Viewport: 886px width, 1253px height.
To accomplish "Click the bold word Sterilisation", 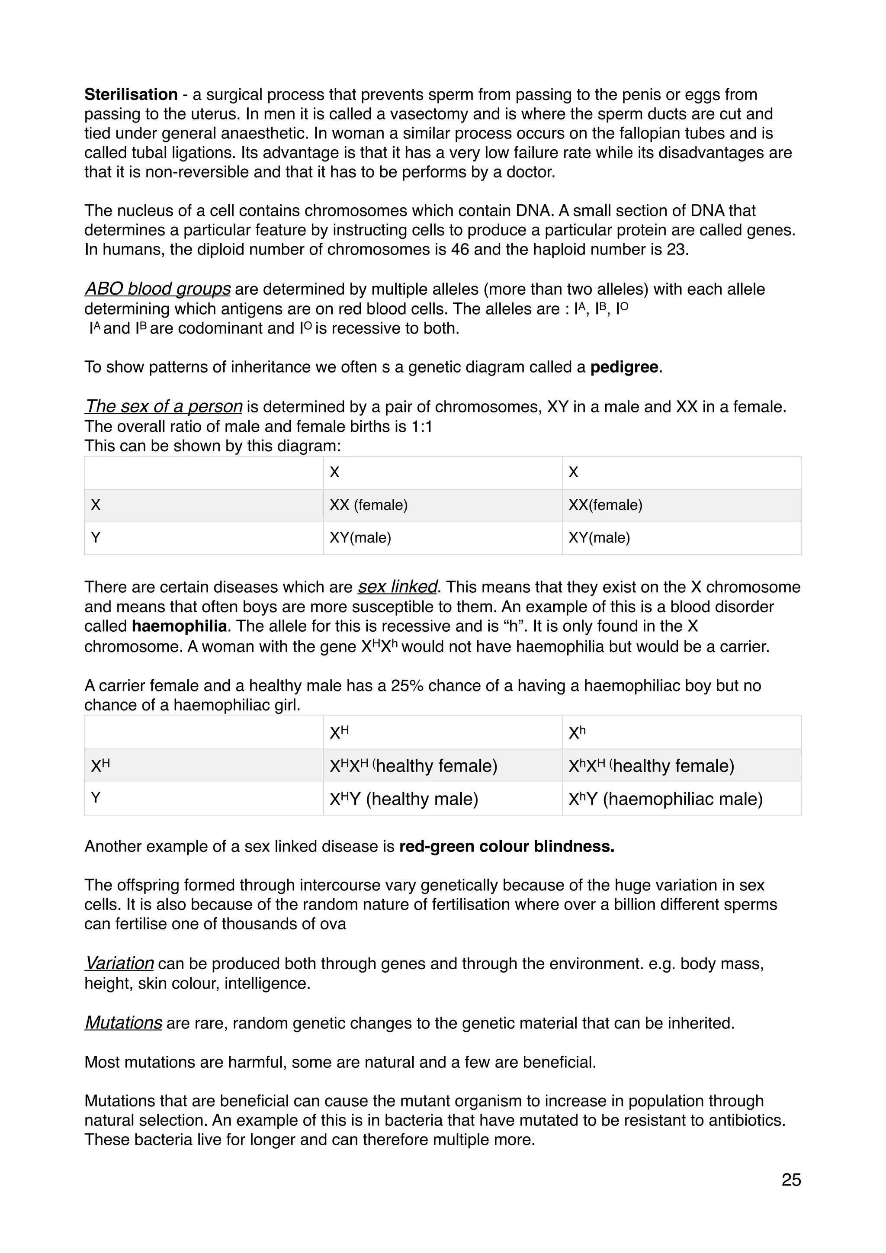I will pyautogui.click(x=131, y=94).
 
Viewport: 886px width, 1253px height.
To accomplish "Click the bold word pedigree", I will pyautogui.click(x=624, y=367).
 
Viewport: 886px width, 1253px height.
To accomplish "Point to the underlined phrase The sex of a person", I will pyautogui.click(x=164, y=407).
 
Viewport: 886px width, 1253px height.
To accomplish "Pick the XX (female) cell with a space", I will pyautogui.click(x=369, y=505).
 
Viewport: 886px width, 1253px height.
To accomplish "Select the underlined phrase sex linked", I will pyautogui.click(x=398, y=587).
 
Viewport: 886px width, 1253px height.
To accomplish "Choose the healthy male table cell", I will pyautogui.click(x=404, y=799).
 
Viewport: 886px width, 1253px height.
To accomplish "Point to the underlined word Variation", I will pyautogui.click(x=119, y=963).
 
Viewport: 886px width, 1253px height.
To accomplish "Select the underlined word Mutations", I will pyautogui.click(x=123, y=1023).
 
